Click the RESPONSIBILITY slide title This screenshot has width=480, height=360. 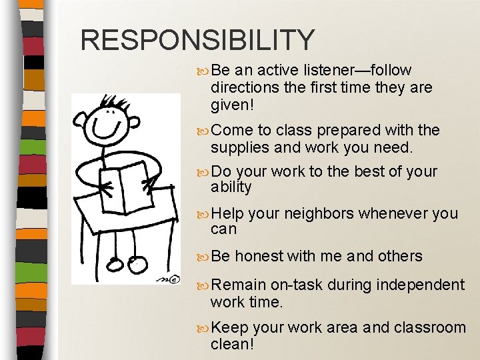pyautogui.click(x=197, y=40)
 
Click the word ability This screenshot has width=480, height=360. pyautogui.click(x=231, y=188)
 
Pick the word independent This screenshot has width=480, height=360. pyautogui.click(x=420, y=285)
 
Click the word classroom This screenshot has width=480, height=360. pyautogui.click(x=431, y=328)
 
